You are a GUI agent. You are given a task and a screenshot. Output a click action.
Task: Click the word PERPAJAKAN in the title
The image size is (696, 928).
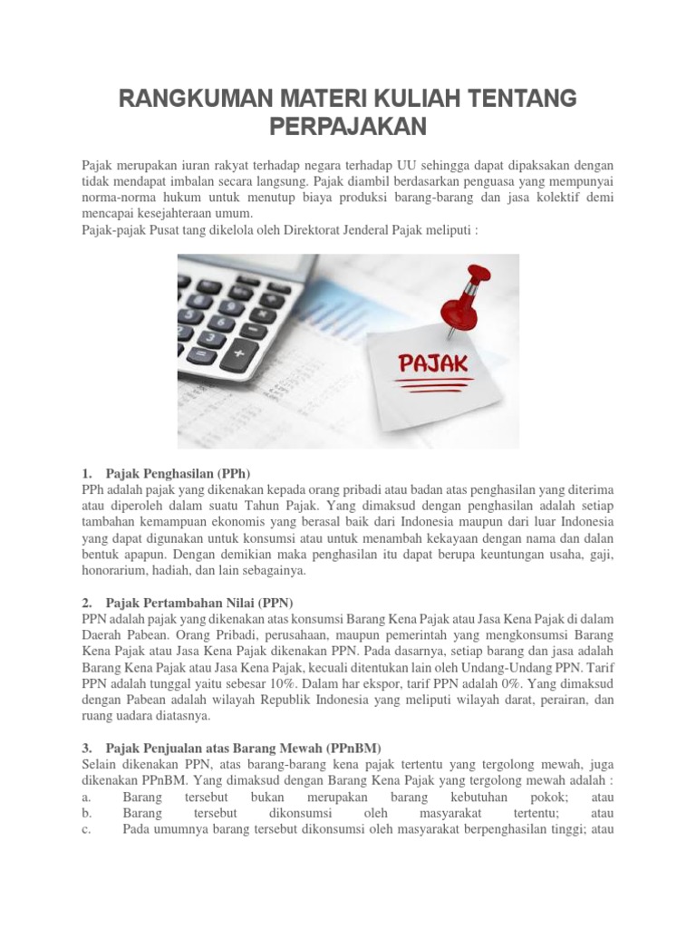(349, 128)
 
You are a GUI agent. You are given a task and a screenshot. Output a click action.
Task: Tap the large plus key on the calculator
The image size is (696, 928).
(239, 353)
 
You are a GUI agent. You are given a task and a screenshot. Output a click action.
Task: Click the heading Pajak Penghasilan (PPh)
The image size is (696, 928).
(177, 474)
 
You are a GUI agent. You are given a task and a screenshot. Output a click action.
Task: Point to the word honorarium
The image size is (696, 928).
(114, 572)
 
